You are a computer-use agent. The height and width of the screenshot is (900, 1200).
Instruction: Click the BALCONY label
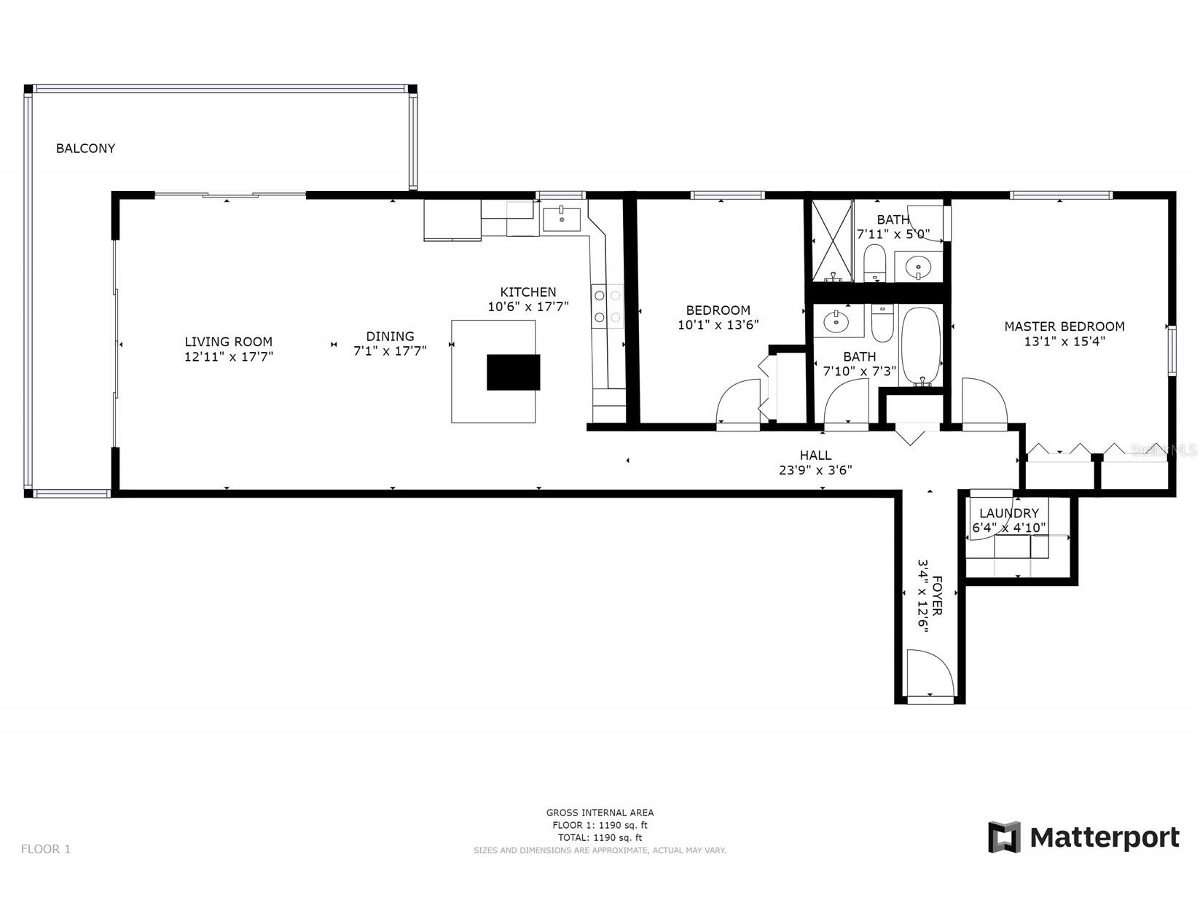tap(85, 148)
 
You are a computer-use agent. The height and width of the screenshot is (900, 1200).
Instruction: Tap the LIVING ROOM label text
tap(228, 341)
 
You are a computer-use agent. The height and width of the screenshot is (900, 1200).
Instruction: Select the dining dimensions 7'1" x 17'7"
tap(390, 351)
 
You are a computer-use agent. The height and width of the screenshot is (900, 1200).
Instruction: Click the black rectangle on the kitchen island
tap(513, 372)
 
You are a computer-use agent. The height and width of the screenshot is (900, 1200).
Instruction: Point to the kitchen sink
tap(561, 218)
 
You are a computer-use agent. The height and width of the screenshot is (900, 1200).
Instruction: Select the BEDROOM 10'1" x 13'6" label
tap(718, 318)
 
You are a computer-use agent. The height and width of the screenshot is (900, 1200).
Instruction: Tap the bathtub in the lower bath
tap(922, 346)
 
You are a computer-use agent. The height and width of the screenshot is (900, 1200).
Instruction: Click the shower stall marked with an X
tap(832, 240)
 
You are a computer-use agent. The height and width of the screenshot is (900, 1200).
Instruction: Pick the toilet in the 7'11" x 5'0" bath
tap(874, 262)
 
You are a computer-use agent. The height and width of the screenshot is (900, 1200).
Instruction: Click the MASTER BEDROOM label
tap(1064, 326)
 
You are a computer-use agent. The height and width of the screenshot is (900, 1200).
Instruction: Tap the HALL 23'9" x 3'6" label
tap(815, 463)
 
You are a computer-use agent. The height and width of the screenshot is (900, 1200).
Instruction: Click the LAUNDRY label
tap(1008, 513)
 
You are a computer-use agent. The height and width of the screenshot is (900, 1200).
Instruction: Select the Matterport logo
tap(1083, 837)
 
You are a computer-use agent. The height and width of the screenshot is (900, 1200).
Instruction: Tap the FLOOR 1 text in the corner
tap(46, 849)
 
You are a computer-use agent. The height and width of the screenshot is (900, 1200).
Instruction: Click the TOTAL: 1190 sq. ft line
tap(600, 838)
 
